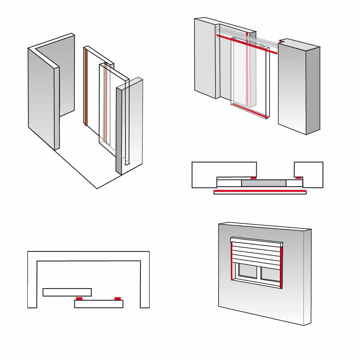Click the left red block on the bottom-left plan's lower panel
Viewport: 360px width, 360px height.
[79, 298]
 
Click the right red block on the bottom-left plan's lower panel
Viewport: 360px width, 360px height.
[117, 298]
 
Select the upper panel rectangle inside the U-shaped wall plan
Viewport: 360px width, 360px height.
[67, 292]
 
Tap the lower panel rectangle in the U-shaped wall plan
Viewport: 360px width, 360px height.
[99, 304]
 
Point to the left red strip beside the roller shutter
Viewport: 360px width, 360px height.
[230, 261]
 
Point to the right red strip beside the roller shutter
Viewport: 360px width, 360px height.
[282, 266]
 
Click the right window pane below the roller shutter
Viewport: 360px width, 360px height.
[270, 275]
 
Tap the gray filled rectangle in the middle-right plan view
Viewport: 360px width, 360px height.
[264, 183]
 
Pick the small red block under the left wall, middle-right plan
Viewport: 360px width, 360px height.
[253, 178]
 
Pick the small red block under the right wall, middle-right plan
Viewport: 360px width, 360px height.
[298, 177]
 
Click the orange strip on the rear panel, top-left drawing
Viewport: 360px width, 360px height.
[86, 86]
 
